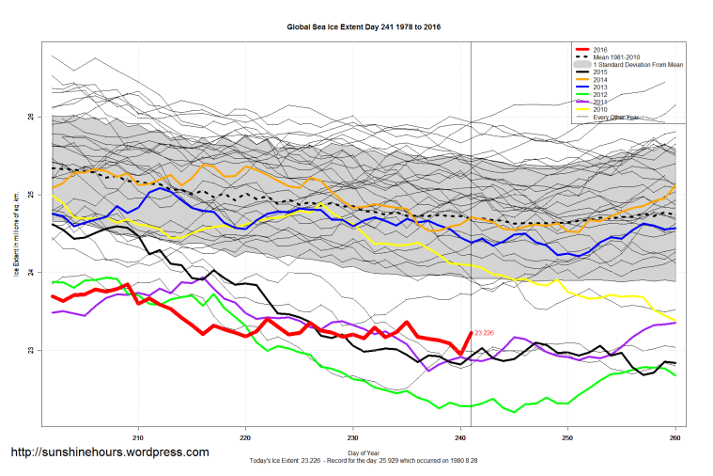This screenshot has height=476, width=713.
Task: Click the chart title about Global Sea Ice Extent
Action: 364,28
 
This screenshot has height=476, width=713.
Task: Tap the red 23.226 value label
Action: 486,333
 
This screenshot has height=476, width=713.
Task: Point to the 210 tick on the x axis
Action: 139,437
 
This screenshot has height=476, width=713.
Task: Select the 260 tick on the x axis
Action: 674,437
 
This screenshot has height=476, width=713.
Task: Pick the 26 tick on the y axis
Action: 31,117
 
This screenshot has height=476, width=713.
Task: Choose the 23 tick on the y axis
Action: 31,351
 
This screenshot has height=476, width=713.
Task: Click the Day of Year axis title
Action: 364,453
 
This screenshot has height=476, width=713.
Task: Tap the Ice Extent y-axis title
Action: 16,235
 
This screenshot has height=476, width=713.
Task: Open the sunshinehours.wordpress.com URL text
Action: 109,452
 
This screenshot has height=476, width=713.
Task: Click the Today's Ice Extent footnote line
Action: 363,461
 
